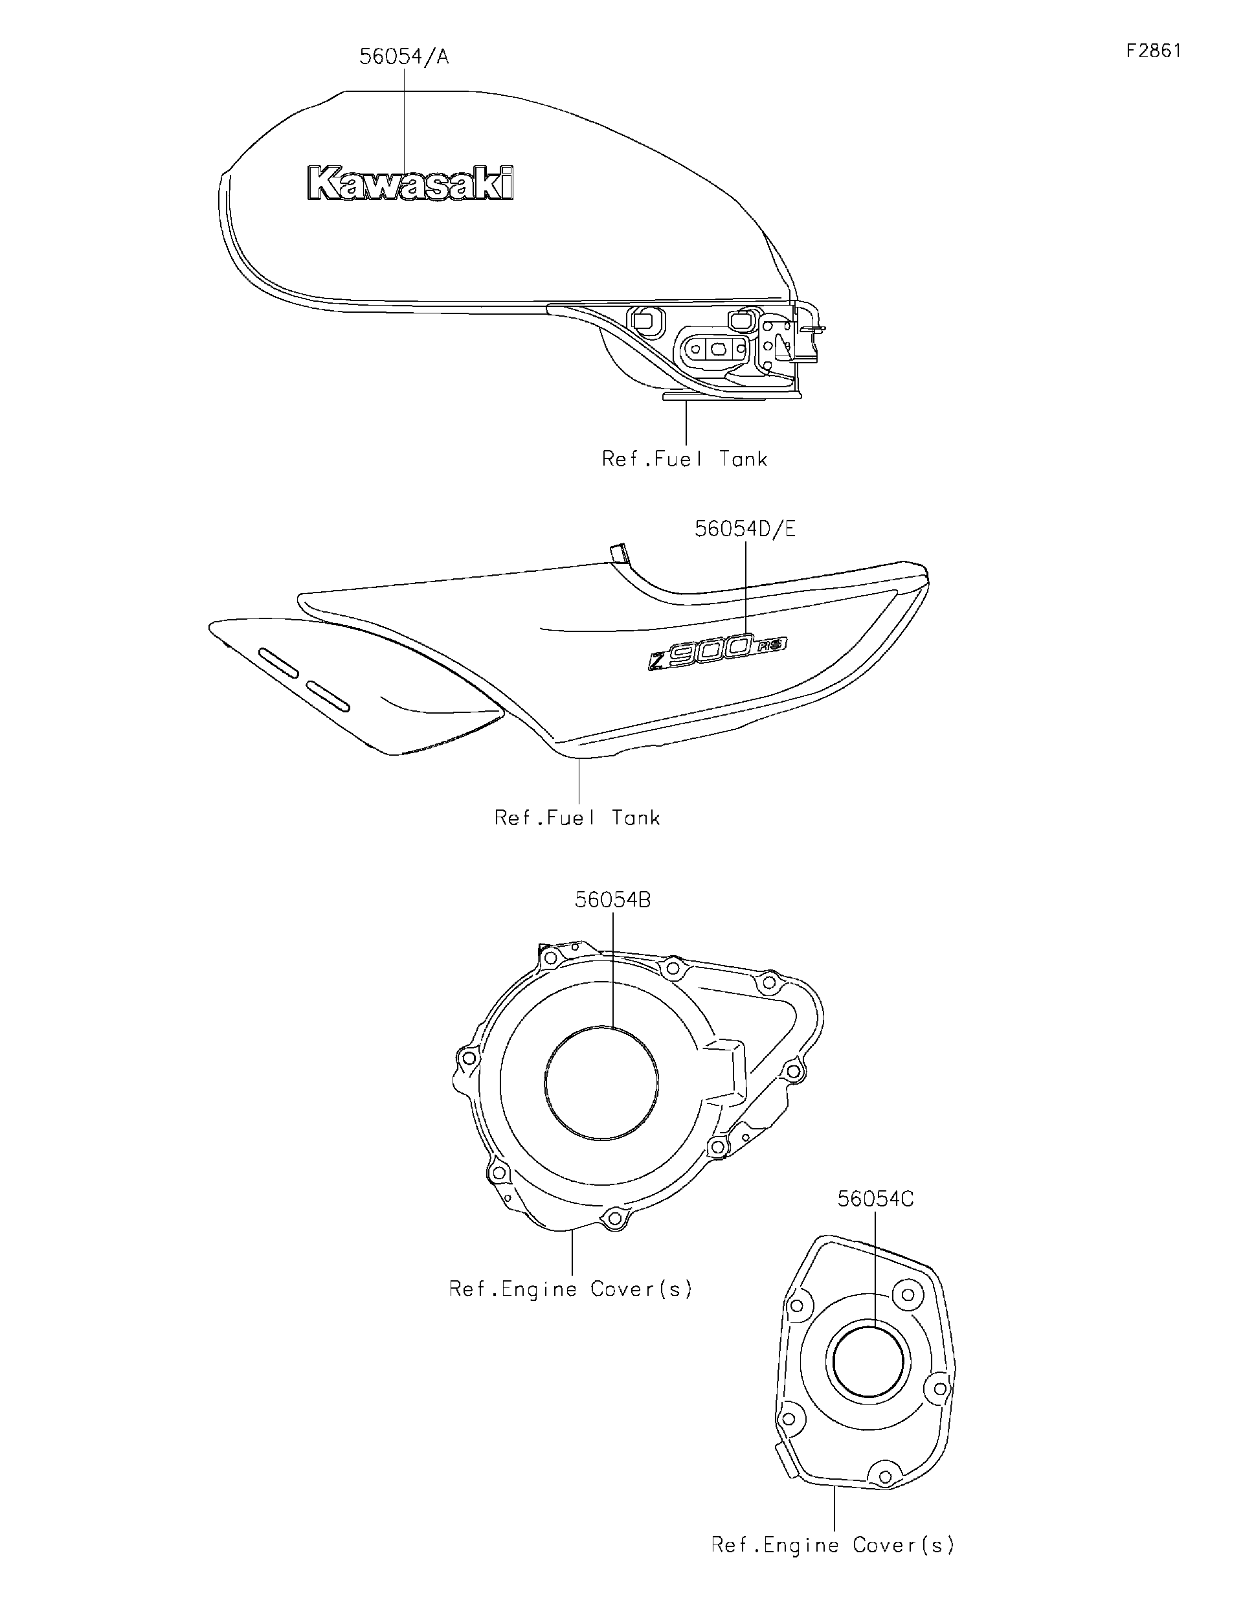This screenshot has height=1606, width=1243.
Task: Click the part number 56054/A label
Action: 403,56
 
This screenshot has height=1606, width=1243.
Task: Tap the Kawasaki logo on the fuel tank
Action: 410,183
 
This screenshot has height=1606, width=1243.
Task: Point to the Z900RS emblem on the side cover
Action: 717,651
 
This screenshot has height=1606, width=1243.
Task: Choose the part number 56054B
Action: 612,900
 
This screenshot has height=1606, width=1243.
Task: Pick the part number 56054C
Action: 875,1199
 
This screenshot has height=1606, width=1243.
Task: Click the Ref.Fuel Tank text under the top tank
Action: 684,459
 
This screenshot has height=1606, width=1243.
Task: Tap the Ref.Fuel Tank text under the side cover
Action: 577,818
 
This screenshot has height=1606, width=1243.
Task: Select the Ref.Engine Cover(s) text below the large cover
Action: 571,1288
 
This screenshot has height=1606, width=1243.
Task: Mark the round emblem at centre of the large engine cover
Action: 602,1083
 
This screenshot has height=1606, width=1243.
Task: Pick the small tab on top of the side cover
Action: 620,552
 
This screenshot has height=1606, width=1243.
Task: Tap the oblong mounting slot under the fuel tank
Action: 717,348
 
